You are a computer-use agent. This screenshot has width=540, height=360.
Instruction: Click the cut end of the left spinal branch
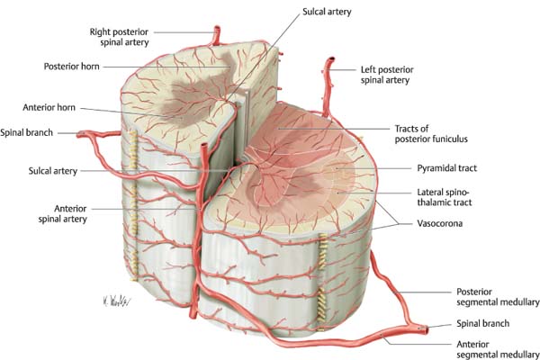[80, 135]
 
